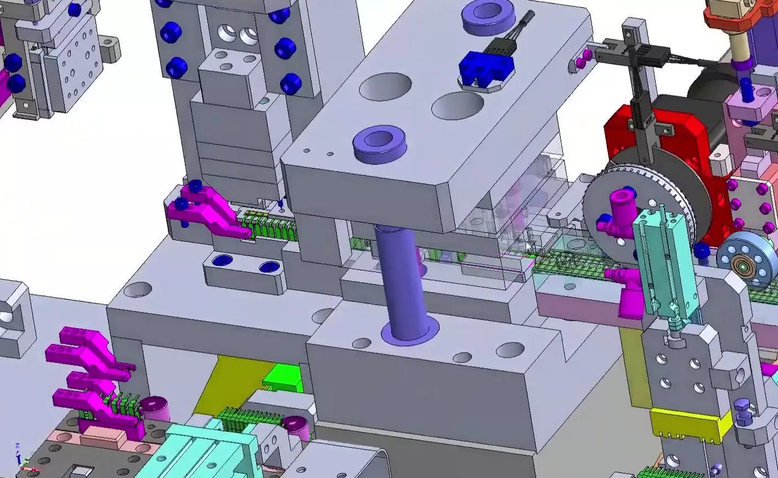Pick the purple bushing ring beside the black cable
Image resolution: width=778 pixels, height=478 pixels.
488,18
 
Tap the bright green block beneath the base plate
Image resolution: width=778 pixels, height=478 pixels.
283,378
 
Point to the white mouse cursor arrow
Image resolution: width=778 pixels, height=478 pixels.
529,248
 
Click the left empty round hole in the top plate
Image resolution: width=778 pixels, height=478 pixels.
385,86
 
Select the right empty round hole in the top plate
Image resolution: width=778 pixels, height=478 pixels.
458,105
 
